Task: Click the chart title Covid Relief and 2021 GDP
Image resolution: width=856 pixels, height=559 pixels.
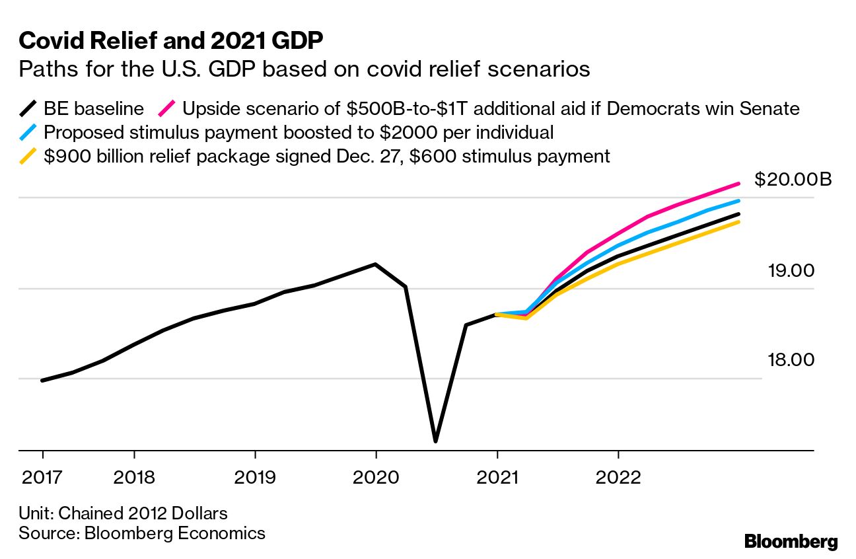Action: (171, 41)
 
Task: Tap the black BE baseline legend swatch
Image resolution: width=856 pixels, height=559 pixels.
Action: (29, 108)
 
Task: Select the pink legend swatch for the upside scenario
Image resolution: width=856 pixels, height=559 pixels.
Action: (168, 108)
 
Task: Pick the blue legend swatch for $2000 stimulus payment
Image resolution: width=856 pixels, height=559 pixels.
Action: (29, 132)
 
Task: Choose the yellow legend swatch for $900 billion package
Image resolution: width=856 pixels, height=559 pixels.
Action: (29, 157)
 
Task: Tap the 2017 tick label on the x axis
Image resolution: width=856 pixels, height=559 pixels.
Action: (43, 477)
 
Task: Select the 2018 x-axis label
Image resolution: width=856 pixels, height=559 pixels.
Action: (134, 477)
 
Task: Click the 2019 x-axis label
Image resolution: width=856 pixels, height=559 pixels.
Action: (255, 477)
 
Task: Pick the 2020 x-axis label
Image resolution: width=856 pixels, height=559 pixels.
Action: (376, 477)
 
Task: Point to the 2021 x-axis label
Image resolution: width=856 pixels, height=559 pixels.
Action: (497, 477)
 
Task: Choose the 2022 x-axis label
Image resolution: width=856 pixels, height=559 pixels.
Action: (618, 477)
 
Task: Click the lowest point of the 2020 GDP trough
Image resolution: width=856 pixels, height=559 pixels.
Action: (436, 441)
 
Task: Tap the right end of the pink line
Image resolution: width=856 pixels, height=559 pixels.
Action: (738, 184)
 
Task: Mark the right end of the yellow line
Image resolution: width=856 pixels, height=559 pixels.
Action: (738, 222)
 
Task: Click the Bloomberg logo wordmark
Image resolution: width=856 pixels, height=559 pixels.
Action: (791, 542)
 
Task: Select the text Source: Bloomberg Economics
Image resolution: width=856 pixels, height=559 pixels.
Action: (142, 533)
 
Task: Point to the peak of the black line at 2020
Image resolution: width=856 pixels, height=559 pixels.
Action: (376, 264)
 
